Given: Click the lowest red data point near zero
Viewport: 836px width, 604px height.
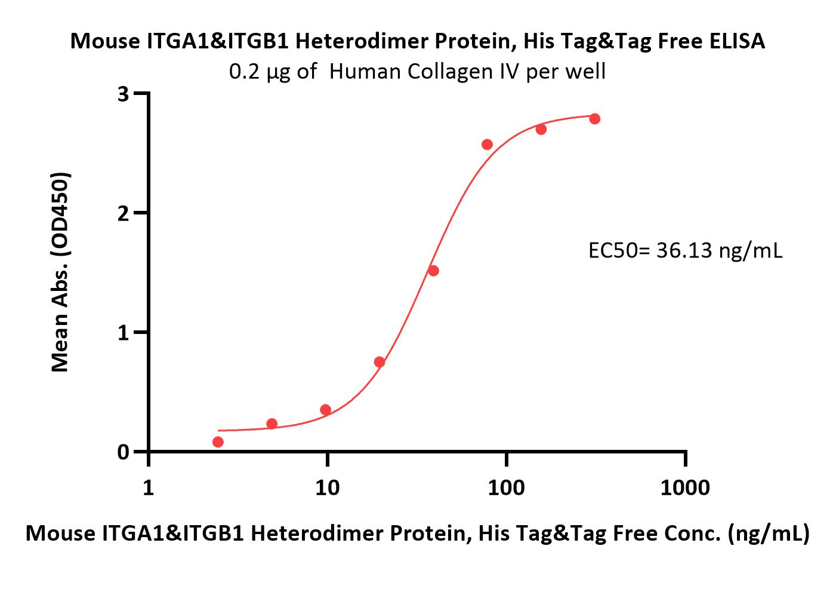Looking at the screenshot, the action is coord(218,442).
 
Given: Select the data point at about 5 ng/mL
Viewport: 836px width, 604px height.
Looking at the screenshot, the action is coord(272,424).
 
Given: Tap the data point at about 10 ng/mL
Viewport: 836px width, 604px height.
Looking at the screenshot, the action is coord(326,410).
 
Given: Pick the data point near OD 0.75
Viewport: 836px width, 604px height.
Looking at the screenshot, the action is coord(380,362).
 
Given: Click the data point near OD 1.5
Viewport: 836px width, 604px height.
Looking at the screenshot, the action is coord(433,271).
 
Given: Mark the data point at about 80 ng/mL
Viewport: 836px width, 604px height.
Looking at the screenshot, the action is coord(487,144).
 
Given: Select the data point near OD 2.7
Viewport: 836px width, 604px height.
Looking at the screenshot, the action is coord(541,129).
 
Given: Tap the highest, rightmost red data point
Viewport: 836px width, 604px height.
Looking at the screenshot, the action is coord(595,119).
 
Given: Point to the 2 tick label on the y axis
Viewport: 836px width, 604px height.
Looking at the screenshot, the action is coord(123,214).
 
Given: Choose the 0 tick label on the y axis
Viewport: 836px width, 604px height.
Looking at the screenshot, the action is coord(123,452).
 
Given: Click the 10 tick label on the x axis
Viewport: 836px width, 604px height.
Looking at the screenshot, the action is coord(328,488).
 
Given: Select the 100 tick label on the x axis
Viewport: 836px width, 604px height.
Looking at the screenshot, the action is coord(506,488).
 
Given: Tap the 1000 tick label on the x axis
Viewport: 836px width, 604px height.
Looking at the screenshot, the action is coord(685,488).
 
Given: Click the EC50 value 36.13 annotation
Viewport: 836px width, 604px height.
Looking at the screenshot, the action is coord(685,250).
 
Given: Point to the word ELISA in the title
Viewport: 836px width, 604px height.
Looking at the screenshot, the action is coord(737,41).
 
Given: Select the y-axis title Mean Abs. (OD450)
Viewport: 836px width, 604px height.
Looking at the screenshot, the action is coord(60,272).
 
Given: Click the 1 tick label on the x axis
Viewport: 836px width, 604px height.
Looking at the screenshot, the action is coord(149,488).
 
